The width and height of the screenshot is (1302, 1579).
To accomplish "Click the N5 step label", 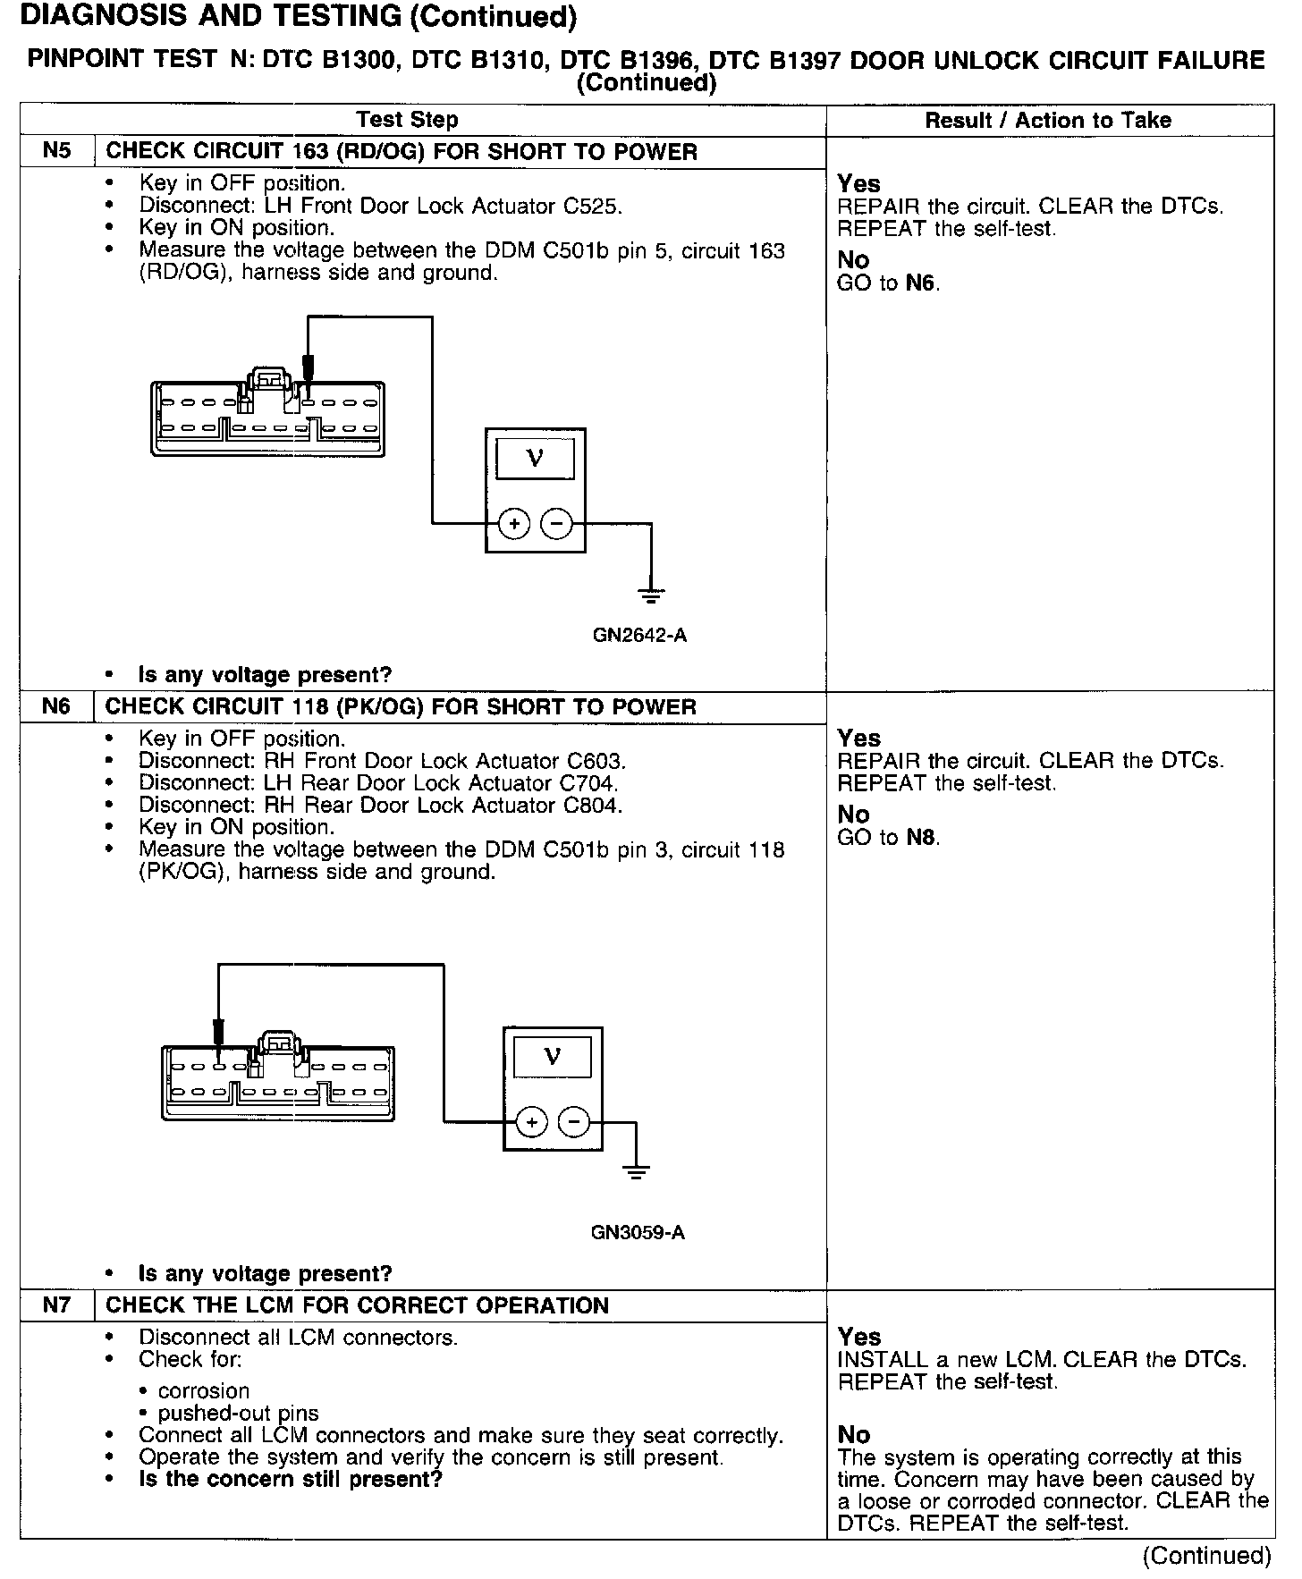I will pyautogui.click(x=56, y=151).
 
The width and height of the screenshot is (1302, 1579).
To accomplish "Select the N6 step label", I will pyautogui.click(x=56, y=706).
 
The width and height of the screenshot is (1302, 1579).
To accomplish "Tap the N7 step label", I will pyautogui.click(x=56, y=1305).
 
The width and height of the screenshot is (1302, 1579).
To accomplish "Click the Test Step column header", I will pyautogui.click(x=407, y=120).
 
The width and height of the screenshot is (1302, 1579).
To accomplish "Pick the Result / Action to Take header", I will pyautogui.click(x=1047, y=120).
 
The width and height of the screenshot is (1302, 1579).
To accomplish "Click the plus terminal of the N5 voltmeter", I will pyautogui.click(x=514, y=523).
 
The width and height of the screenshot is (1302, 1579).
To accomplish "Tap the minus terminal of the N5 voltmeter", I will pyautogui.click(x=557, y=523).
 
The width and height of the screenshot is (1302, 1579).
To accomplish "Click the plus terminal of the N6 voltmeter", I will pyautogui.click(x=531, y=1121).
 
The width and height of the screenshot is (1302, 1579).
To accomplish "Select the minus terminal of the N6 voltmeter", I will pyautogui.click(x=574, y=1121).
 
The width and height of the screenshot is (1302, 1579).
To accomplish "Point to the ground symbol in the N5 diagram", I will pyautogui.click(x=652, y=593).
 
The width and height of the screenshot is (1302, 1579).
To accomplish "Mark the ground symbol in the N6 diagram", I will pyautogui.click(x=636, y=1172).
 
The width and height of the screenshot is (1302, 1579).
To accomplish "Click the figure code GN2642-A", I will pyautogui.click(x=639, y=636).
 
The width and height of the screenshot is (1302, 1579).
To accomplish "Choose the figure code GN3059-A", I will pyautogui.click(x=638, y=1232).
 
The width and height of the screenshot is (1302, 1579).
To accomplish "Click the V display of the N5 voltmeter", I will pyautogui.click(x=535, y=459).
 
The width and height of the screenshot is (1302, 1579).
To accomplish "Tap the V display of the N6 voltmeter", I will pyautogui.click(x=553, y=1057).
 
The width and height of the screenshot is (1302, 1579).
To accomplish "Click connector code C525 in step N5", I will pyautogui.click(x=592, y=206).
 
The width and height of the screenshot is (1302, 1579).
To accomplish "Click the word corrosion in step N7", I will pyautogui.click(x=204, y=1390).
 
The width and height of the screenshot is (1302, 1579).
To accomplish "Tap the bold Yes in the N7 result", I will pyautogui.click(x=859, y=1336).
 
